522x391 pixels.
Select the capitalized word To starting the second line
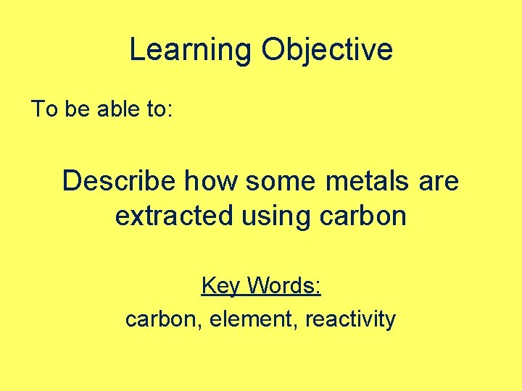click(43, 109)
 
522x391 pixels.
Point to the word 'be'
click(76, 109)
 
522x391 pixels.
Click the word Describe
click(119, 180)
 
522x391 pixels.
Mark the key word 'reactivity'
click(350, 319)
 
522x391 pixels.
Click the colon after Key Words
click(319, 287)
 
